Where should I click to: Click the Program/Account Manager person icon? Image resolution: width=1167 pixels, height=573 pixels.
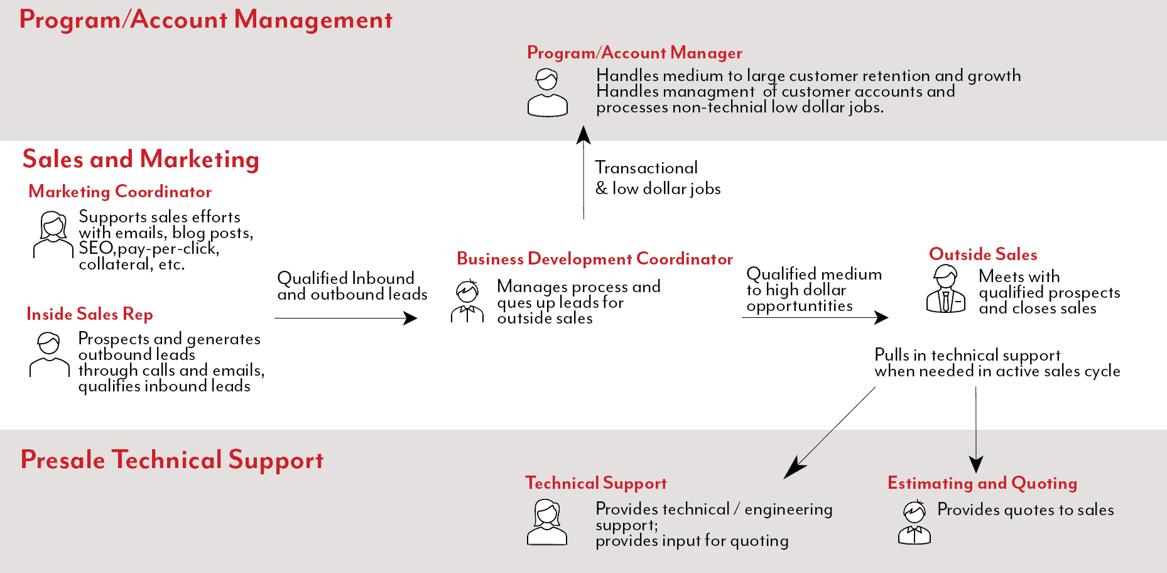click(x=548, y=92)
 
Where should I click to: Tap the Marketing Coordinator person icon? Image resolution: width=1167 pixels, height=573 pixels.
click(x=53, y=234)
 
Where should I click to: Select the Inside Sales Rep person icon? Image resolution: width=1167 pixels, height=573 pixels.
click(x=50, y=354)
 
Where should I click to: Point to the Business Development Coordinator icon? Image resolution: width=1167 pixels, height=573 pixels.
click(x=467, y=301)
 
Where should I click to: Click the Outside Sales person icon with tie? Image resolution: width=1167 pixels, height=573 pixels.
click(x=946, y=288)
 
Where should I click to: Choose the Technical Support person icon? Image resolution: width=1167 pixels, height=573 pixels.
click(x=547, y=522)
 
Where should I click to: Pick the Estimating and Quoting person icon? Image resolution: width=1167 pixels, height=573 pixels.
click(x=915, y=522)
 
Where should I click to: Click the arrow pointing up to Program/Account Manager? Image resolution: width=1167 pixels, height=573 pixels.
click(x=583, y=173)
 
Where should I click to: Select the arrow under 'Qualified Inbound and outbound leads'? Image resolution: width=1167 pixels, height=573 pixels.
click(x=346, y=318)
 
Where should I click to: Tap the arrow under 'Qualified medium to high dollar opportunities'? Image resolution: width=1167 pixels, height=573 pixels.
click(x=815, y=317)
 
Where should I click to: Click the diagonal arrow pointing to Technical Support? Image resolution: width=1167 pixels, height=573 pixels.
click(x=829, y=433)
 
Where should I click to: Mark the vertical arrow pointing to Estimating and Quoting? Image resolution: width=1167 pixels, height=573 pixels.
click(x=976, y=430)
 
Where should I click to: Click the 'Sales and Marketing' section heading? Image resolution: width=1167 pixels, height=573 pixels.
click(x=141, y=160)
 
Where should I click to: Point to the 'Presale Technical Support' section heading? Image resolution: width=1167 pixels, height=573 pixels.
click(x=172, y=460)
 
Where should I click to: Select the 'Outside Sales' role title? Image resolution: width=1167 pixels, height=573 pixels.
click(x=983, y=254)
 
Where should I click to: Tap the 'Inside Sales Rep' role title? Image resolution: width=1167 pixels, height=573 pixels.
click(x=90, y=314)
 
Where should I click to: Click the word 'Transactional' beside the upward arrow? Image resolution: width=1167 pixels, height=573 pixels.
click(x=646, y=168)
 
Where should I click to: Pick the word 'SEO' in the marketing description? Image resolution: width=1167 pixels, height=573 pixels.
click(x=96, y=248)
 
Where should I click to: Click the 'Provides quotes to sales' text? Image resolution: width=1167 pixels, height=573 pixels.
click(x=1026, y=510)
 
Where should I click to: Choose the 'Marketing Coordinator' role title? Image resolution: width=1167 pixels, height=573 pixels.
click(x=120, y=192)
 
